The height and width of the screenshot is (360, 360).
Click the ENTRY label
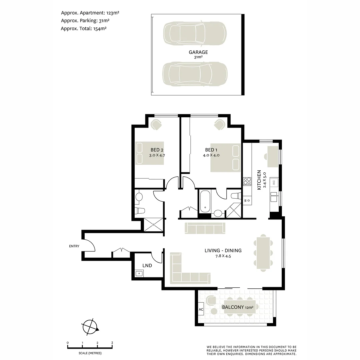pos(74,246)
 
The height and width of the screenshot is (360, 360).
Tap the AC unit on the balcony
pos(201,309)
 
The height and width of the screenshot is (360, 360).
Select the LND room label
pos(147,266)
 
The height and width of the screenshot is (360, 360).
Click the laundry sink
pos(139,274)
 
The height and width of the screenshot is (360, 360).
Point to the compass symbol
pos(90,326)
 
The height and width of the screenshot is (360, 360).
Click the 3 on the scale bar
pos(112,343)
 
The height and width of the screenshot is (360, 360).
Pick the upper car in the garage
pos(195,33)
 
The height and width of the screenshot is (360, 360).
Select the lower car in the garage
pos(195,74)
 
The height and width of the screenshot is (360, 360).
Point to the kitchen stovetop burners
pos(247,181)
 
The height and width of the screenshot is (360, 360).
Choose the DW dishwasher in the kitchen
pos(274,182)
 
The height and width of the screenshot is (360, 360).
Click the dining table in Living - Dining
pos(263,252)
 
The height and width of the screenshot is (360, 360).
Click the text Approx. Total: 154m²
pos(84,29)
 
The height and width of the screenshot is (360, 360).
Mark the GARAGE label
pos(198,52)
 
